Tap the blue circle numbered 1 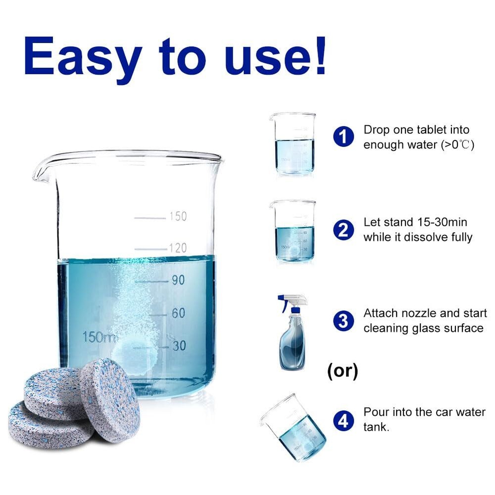click(344, 137)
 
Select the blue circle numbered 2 click(344, 230)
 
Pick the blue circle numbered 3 click(344, 321)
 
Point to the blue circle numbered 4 click(344, 420)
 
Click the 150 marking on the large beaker click(178, 216)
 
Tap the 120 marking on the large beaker click(178, 248)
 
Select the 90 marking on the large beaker click(178, 280)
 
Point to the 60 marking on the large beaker click(178, 313)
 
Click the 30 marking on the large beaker click(179, 346)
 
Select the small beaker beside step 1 click(293, 144)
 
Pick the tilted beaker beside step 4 click(294, 428)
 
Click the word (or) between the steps click(343, 371)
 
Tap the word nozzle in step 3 click(417, 313)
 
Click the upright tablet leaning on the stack click(110, 400)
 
